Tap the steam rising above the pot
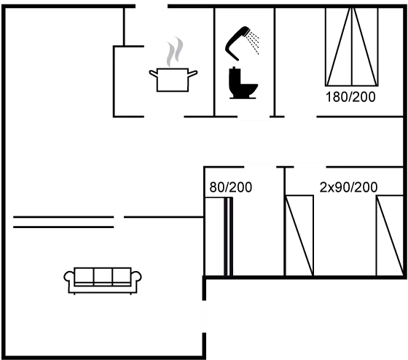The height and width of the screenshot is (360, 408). (174, 52)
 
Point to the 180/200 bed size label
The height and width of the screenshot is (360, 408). (350, 96)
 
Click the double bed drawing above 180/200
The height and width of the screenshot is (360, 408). (351, 49)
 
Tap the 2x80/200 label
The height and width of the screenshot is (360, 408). (349, 187)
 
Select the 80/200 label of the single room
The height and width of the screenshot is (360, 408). (230, 187)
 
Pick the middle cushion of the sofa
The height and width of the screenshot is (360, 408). (103, 276)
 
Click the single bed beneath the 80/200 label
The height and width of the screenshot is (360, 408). (227, 236)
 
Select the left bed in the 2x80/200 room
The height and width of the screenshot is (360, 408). (299, 236)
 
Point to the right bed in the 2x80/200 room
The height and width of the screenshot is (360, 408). (389, 236)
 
